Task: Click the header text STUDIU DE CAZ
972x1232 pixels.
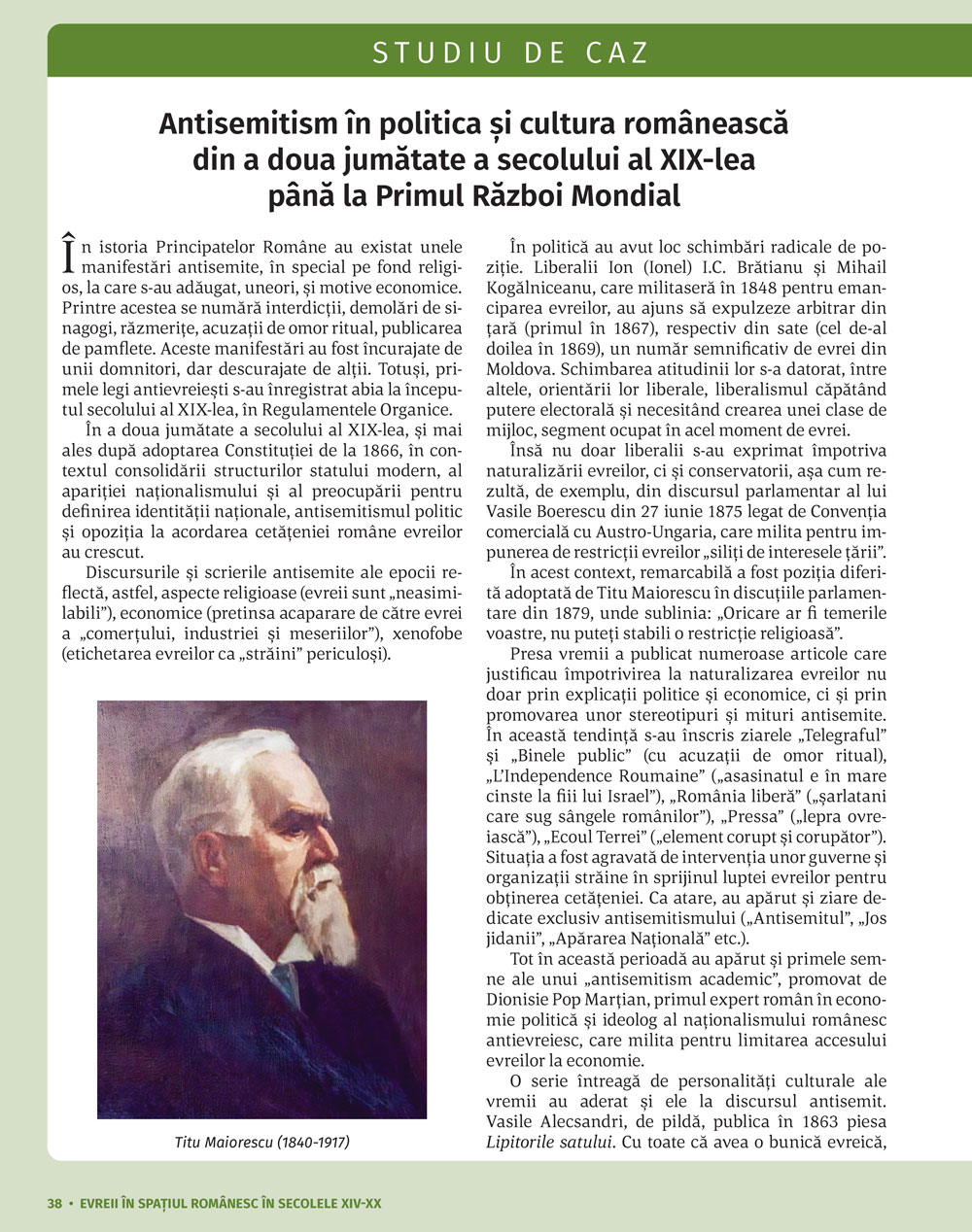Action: [x=510, y=52]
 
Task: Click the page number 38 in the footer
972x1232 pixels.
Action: [x=54, y=1203]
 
